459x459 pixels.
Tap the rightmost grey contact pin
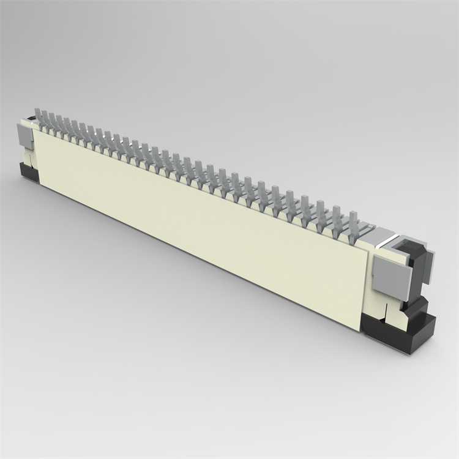click(x=353, y=220)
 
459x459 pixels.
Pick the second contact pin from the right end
click(x=337, y=214)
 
